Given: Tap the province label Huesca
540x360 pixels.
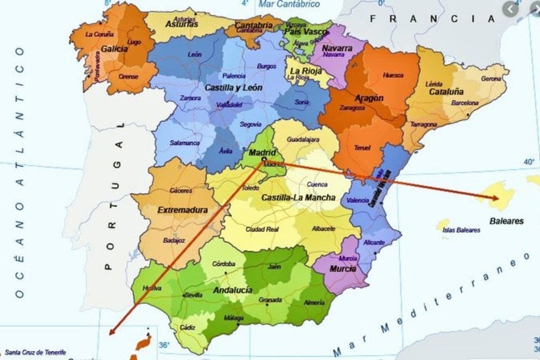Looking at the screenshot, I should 392,75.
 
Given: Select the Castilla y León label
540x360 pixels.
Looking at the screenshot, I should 233,87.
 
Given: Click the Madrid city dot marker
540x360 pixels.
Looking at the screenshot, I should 264,159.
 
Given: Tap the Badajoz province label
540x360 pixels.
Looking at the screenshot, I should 174,240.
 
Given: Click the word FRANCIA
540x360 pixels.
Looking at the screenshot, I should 432,19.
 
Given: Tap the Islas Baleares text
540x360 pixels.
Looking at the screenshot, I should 461,230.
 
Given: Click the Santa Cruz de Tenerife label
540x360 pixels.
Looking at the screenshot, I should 35,352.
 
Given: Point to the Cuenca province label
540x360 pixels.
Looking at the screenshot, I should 317,183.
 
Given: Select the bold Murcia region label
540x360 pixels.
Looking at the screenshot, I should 342,269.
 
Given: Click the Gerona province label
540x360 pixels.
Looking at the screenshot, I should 490,78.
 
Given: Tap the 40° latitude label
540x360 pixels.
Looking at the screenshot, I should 529,161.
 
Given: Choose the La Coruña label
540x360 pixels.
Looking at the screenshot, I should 99,34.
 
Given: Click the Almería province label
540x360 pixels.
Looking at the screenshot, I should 314,302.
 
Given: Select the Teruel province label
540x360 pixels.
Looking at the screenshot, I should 362,147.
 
